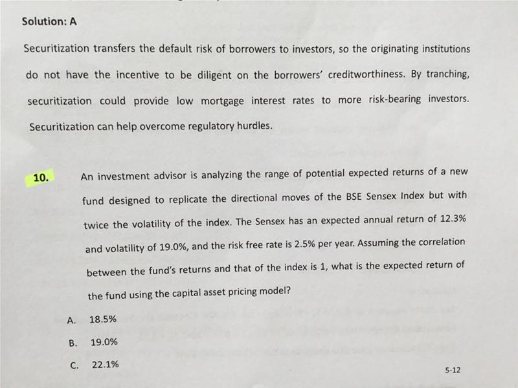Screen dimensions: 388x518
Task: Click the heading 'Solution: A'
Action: (50, 21)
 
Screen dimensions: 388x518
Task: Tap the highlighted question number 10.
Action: (41, 178)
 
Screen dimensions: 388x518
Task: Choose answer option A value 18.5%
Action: (103, 319)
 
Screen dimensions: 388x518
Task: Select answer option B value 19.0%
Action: (104, 342)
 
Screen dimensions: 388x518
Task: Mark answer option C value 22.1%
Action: (105, 365)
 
